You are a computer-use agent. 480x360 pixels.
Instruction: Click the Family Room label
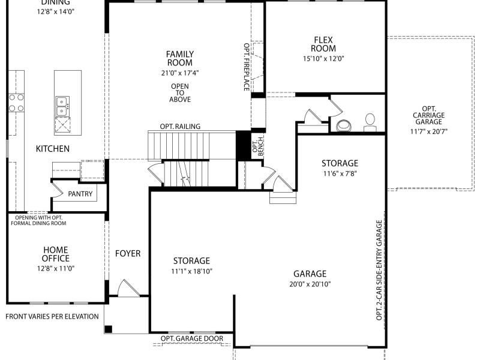point(180,58)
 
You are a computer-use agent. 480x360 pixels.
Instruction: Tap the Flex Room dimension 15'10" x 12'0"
point(323,58)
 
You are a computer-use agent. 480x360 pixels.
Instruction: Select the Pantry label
point(80,194)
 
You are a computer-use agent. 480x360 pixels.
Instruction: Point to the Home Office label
point(56,254)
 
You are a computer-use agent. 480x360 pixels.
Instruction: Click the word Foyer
point(128,253)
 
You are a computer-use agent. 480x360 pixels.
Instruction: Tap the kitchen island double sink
point(62,106)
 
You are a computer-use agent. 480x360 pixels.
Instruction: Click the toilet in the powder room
point(370,123)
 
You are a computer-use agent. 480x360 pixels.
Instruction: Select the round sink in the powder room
point(344,125)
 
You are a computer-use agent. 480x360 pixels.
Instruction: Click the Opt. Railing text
point(180,127)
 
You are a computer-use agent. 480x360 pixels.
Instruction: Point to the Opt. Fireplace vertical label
point(247,67)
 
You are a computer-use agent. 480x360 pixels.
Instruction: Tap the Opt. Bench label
point(258,146)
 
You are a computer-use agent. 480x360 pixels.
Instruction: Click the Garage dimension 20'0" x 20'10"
point(310,284)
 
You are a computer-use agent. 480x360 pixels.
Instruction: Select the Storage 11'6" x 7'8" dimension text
point(340,173)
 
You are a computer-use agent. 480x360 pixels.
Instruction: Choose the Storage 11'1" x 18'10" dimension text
point(191,271)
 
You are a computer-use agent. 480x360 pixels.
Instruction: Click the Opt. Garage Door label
point(192,338)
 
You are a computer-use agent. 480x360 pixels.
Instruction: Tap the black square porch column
point(109,329)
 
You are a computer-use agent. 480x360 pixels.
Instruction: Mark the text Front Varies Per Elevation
point(52,317)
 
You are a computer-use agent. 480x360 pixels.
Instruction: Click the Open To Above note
point(180,93)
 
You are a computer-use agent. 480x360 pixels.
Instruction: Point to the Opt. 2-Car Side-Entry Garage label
point(379,271)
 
